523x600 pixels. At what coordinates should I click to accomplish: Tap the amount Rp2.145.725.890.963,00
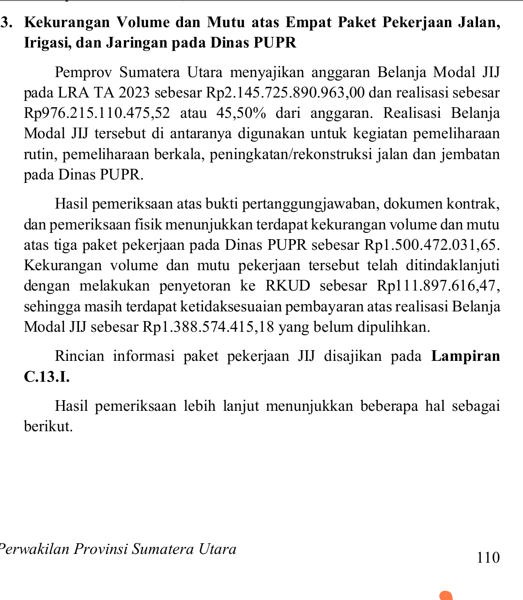coord(285,93)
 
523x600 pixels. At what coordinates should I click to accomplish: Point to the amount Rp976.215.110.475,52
coord(97,114)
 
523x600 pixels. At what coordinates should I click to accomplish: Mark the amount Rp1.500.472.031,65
coord(431,245)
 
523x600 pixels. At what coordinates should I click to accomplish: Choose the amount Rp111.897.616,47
coord(438,286)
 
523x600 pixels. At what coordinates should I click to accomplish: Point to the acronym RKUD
coord(288,286)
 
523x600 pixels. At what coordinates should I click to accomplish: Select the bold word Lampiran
coord(465,356)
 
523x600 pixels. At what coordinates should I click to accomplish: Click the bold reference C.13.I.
coord(46,376)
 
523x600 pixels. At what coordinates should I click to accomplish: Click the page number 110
coord(488,557)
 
